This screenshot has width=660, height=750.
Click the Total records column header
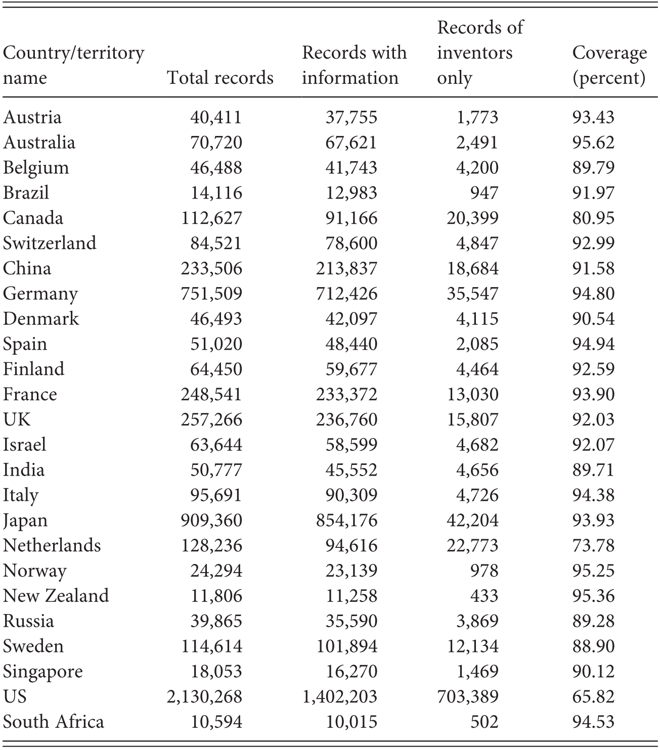(220, 78)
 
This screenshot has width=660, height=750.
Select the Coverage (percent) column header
(609, 65)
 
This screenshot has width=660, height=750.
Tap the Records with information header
(354, 65)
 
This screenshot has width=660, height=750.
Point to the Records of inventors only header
(479, 53)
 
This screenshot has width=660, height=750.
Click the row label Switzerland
(50, 243)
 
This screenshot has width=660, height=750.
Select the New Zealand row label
(56, 596)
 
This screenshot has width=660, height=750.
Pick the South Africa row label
(54, 722)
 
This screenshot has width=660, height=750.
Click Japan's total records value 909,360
(211, 521)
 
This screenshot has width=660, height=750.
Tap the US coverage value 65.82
(593, 697)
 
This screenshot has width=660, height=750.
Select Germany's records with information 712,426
(346, 294)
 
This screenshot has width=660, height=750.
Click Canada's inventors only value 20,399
(472, 218)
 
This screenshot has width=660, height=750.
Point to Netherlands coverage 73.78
(593, 546)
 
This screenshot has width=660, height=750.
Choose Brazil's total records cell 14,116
(216, 193)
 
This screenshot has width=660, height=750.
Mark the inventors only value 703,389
(468, 697)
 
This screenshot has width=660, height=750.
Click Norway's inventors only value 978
(484, 571)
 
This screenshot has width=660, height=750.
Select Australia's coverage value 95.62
(593, 143)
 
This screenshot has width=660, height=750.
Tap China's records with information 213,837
(346, 268)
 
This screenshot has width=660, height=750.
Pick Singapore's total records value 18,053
(216, 672)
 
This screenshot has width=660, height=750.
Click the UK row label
(17, 419)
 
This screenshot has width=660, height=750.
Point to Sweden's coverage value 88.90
(593, 646)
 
